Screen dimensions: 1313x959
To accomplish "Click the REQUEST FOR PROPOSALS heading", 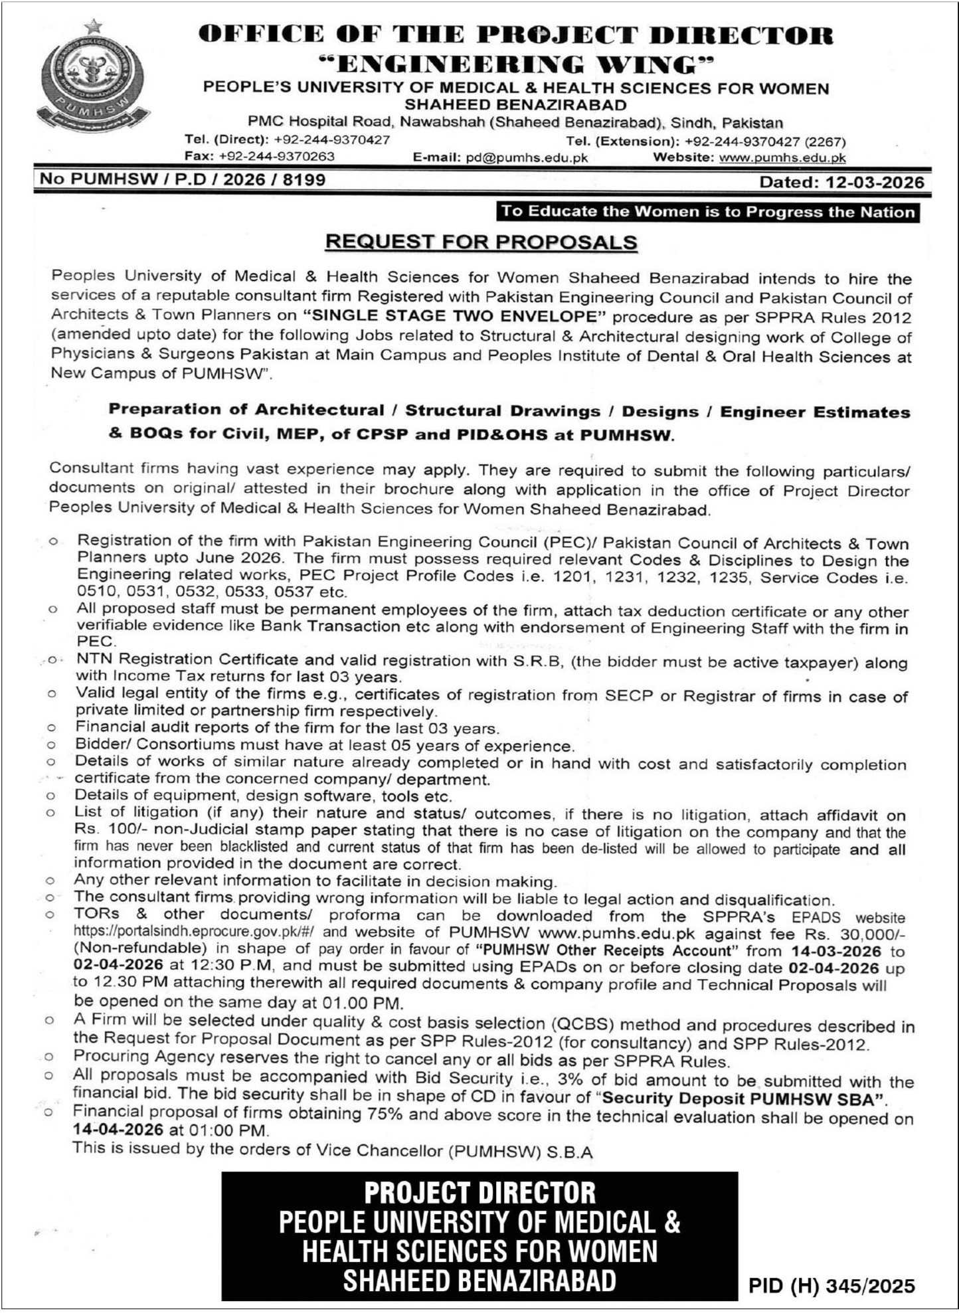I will [481, 242].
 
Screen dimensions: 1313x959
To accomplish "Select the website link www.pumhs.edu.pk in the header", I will [782, 158].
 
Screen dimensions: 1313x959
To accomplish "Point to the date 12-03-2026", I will [875, 182].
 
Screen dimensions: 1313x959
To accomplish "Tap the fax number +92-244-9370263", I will [276, 157].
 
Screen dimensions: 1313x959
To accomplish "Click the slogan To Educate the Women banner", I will [708, 212].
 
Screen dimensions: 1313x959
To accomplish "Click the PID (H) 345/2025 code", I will [831, 1286].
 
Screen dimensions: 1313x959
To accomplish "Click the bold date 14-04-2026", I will [118, 1129].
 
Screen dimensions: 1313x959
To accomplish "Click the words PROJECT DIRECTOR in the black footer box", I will [480, 1193].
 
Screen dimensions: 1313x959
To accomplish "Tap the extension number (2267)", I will [825, 141].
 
